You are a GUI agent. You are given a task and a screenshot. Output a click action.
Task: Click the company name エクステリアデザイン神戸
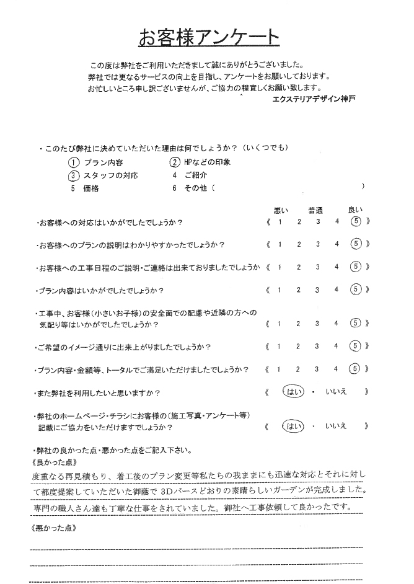314,99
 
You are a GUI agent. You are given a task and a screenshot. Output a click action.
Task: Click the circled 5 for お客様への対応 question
355,222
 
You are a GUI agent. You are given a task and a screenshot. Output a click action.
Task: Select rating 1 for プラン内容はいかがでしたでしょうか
280,289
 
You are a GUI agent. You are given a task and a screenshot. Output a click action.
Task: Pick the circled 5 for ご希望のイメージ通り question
355,346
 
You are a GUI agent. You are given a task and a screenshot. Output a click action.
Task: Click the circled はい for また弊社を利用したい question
290,392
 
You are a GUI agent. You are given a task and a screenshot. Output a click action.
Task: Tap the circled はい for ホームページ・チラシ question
290,427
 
